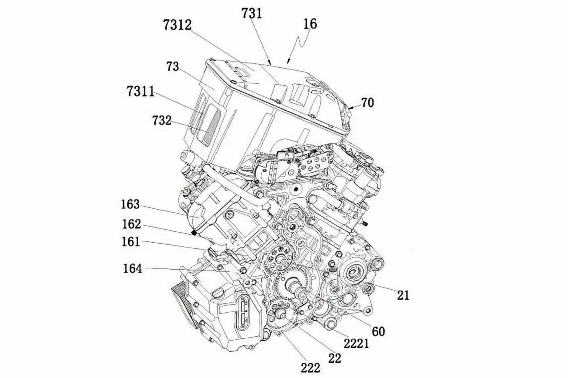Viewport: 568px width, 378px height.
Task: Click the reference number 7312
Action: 177,26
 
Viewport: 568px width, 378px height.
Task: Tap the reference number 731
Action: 251,13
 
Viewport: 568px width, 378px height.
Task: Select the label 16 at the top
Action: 310,24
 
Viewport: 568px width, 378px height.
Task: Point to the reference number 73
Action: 172,66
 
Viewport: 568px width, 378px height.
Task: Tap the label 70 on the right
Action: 367,102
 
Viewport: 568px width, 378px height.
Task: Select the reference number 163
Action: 131,204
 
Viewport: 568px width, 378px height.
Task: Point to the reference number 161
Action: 131,242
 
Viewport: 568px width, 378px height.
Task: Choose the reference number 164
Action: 132,269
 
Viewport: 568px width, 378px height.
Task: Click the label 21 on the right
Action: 403,295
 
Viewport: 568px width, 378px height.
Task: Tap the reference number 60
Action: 378,331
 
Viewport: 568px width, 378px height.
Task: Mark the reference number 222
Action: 310,368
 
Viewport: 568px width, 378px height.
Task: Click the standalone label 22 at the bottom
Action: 334,358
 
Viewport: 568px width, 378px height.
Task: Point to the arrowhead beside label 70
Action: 350,108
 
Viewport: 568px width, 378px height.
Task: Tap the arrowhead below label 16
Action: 288,62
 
